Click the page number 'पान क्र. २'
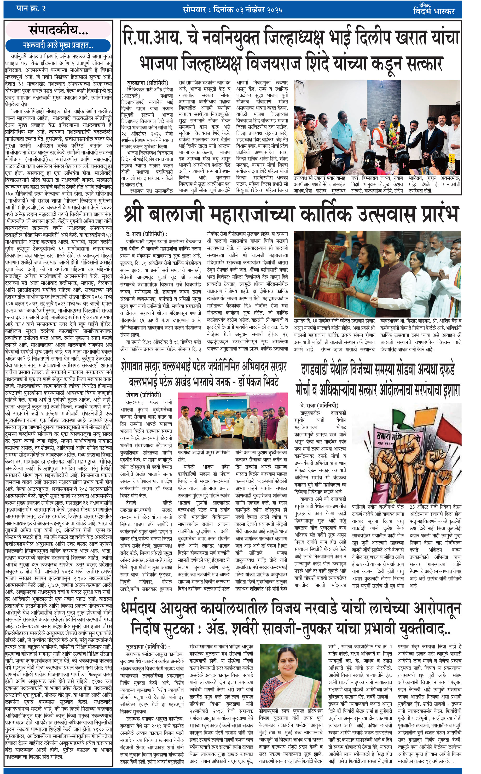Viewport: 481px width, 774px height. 31,9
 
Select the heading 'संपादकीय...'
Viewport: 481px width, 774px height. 58,30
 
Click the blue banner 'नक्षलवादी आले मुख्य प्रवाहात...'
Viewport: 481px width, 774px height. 58,45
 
